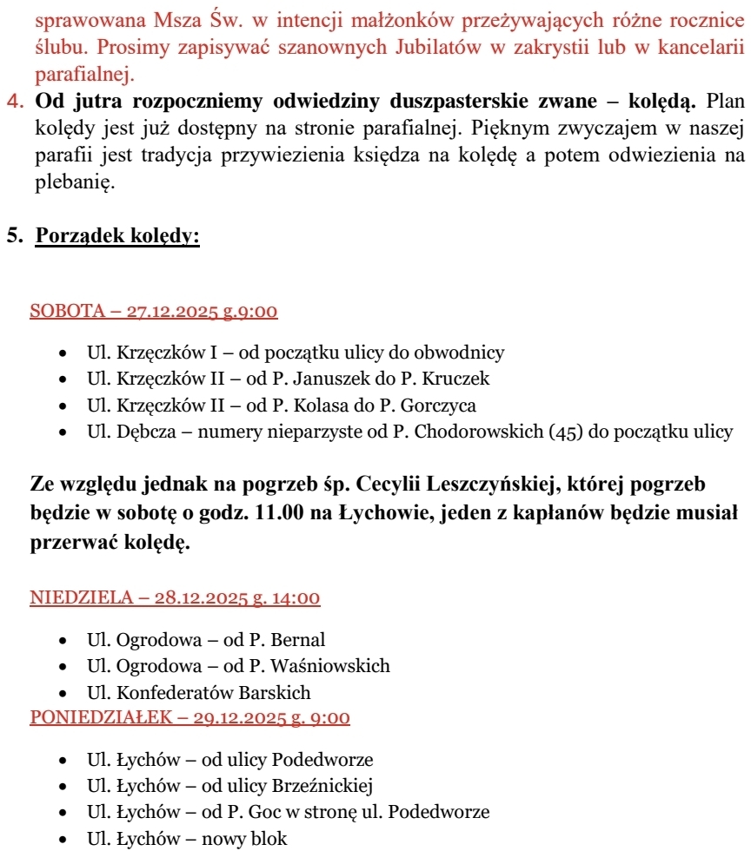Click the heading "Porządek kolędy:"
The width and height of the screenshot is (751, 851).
[117, 236]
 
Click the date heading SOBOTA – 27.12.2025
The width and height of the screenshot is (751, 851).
[154, 311]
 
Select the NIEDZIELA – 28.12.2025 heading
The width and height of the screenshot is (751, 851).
[175, 597]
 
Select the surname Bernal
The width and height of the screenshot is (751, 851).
[298, 640]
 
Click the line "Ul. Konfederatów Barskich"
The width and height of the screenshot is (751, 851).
[198, 693]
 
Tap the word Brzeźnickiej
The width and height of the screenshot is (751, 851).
[322, 786]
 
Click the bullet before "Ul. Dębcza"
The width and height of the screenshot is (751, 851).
[63, 432]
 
